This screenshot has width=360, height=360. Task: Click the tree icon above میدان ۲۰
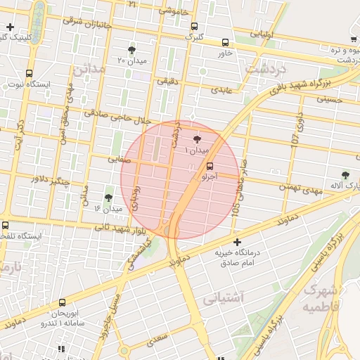point(131,49)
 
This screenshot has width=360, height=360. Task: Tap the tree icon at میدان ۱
point(196,139)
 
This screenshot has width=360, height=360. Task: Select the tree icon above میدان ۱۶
point(108,198)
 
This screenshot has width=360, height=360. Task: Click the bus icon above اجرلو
point(209,167)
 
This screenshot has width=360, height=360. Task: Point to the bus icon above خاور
point(224,42)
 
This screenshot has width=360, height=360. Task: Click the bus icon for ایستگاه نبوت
point(29,73)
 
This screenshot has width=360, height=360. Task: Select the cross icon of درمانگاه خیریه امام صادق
point(237,242)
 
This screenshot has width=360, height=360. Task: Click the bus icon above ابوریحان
point(62,302)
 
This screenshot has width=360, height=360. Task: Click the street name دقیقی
point(167,82)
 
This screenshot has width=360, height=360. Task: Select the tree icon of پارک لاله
point(345,174)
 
